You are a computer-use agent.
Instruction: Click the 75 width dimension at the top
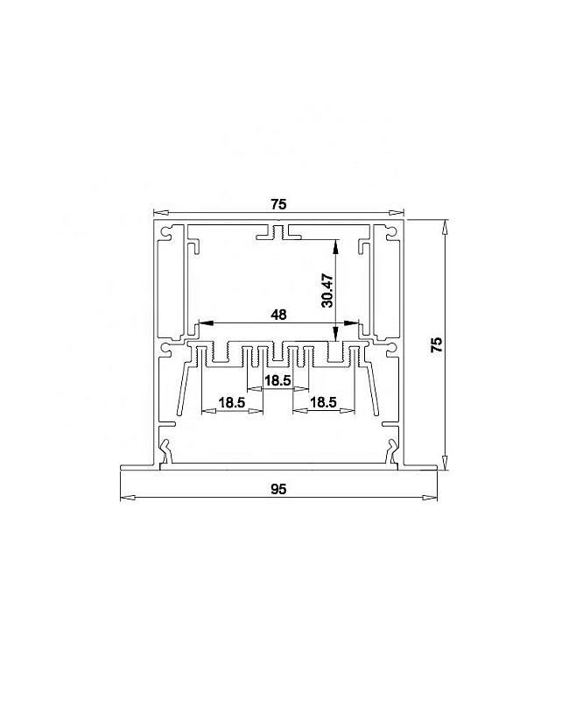coord(278,204)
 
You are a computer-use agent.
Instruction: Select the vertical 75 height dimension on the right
coord(438,343)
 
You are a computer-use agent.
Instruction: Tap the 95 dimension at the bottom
coord(278,488)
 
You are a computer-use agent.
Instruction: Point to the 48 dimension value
coord(278,313)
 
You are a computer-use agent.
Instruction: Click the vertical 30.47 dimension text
coord(327,289)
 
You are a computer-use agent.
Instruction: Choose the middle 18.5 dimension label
coord(278,380)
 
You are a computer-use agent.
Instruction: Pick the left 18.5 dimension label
coord(232,402)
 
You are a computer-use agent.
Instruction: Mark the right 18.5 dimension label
coord(324,402)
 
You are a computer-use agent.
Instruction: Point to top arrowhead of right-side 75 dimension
coord(446,226)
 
